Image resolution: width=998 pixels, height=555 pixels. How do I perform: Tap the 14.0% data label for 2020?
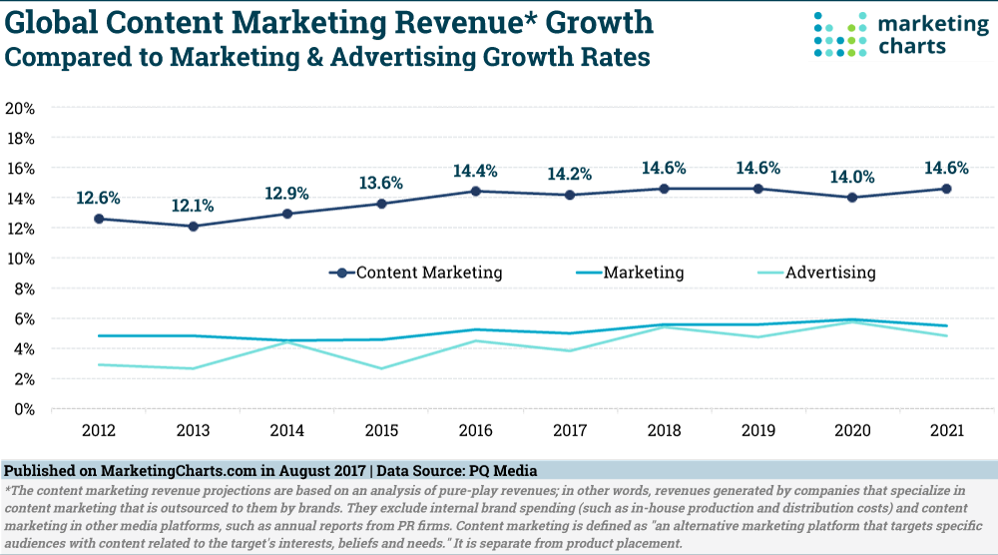(854, 177)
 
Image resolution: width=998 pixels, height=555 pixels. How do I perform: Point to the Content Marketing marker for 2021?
(946, 189)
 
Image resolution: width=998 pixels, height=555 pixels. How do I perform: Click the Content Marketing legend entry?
(416, 273)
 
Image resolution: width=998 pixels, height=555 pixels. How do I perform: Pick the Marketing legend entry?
(630, 273)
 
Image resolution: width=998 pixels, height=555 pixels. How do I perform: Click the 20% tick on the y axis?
(22, 108)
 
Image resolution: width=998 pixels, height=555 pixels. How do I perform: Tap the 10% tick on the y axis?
(22, 259)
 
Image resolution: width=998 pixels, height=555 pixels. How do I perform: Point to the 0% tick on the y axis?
(26, 409)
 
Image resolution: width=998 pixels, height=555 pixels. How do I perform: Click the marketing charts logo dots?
(838, 35)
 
